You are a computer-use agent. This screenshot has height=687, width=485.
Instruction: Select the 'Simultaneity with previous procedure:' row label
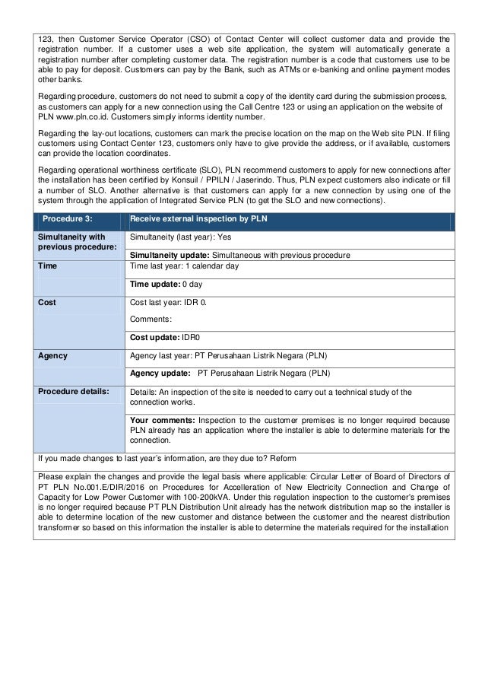pos(73,243)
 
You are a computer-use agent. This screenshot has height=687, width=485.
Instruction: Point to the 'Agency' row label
pos(52,355)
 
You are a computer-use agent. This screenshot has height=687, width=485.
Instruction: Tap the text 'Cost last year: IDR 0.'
pos(168,302)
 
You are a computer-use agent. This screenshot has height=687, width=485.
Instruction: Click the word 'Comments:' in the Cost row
pos(152,319)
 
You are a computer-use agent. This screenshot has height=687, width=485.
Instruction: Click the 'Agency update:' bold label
pos(160,374)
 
